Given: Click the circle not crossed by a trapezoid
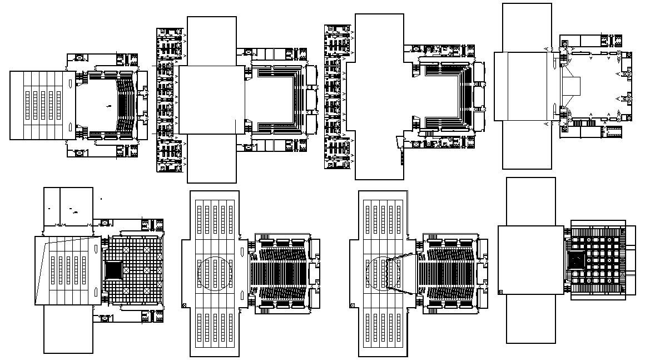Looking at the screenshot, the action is [x=215, y=273].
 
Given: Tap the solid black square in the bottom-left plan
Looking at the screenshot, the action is [x=113, y=270].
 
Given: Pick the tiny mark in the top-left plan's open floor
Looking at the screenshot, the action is [x=110, y=105].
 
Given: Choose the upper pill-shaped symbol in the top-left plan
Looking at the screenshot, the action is [x=68, y=83].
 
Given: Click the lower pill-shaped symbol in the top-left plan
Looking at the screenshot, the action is [x=68, y=124].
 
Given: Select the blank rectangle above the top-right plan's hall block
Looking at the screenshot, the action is [x=527, y=27].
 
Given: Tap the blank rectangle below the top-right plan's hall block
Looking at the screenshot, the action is [x=527, y=145].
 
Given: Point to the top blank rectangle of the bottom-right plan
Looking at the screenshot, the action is [x=530, y=201].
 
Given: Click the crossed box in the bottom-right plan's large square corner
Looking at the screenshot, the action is [x=500, y=291].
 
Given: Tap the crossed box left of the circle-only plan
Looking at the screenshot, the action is [x=184, y=304].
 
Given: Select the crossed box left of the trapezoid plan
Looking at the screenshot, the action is [x=353, y=304].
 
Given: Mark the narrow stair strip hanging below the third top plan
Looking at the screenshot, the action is [x=399, y=150].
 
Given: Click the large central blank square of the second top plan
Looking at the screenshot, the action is [x=211, y=100].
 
